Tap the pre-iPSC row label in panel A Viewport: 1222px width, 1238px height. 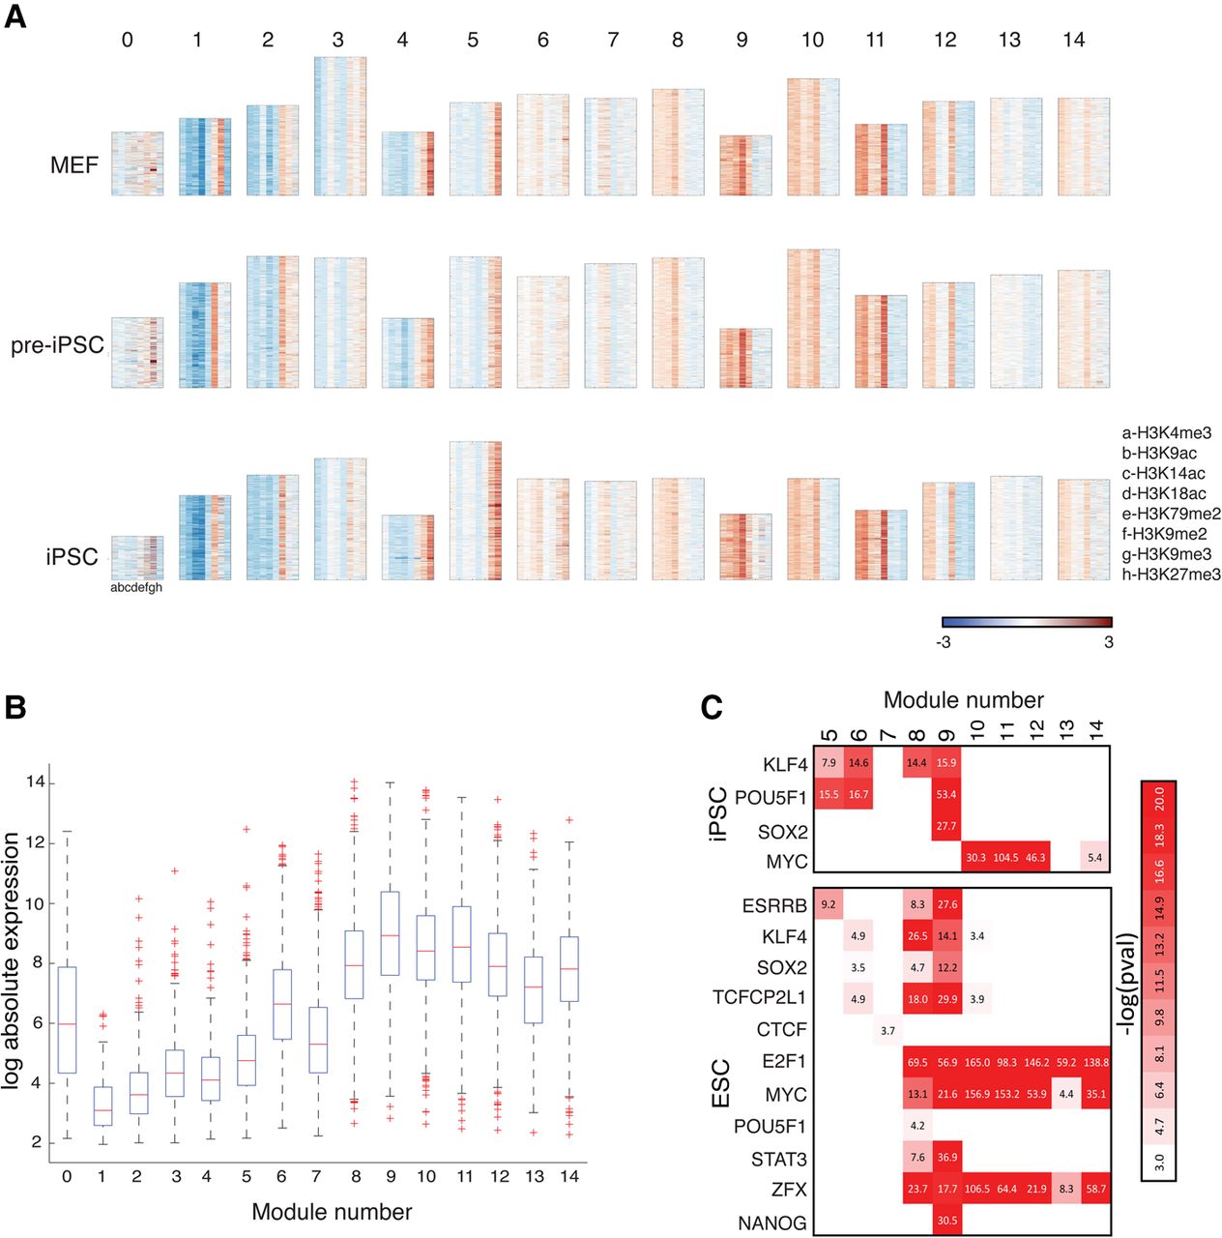57,345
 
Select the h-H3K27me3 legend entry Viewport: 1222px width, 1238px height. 1171,575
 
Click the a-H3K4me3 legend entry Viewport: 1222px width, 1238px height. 1166,433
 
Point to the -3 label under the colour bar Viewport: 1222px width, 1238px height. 944,642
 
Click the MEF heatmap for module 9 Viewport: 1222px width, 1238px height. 745,165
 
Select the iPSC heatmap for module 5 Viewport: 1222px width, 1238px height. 476,511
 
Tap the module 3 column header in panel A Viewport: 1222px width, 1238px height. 337,40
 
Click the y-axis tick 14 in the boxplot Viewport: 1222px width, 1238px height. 36,782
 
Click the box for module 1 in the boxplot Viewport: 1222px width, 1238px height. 102,1105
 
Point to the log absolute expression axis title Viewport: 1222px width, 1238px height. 12,961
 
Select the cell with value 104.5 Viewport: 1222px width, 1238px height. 1006,858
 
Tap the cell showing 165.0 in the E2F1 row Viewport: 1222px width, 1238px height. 977,1062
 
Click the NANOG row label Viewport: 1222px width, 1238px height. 772,1223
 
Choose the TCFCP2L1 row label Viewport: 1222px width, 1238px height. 759,997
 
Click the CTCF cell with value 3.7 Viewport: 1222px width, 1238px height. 887,1031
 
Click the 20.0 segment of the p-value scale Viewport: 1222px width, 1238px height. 1158,801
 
